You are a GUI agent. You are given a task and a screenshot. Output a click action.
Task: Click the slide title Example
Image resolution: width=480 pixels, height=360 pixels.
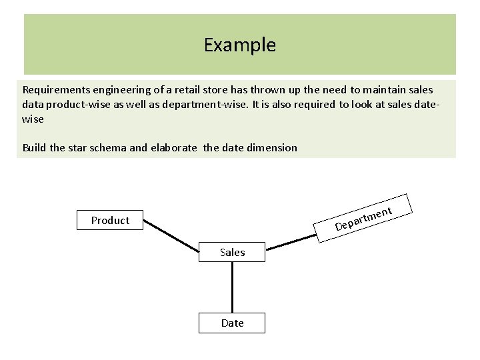pos(239,45)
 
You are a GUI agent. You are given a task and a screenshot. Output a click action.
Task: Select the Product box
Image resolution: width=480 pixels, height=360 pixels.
pos(110,221)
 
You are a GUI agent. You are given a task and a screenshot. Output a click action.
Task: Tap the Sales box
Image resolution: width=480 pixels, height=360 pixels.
pos(232,252)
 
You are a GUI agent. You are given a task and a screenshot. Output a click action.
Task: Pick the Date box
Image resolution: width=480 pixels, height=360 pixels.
pos(232,323)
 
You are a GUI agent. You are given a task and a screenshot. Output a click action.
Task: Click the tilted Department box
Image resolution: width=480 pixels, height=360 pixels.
pos(364,219)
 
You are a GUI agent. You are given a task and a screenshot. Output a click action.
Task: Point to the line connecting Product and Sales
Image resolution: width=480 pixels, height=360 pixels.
pos(172,233)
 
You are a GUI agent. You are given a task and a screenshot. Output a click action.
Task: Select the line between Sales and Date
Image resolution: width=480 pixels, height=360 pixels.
pos(232,287)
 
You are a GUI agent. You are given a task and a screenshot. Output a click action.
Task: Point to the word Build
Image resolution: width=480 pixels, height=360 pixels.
pos(34,147)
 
